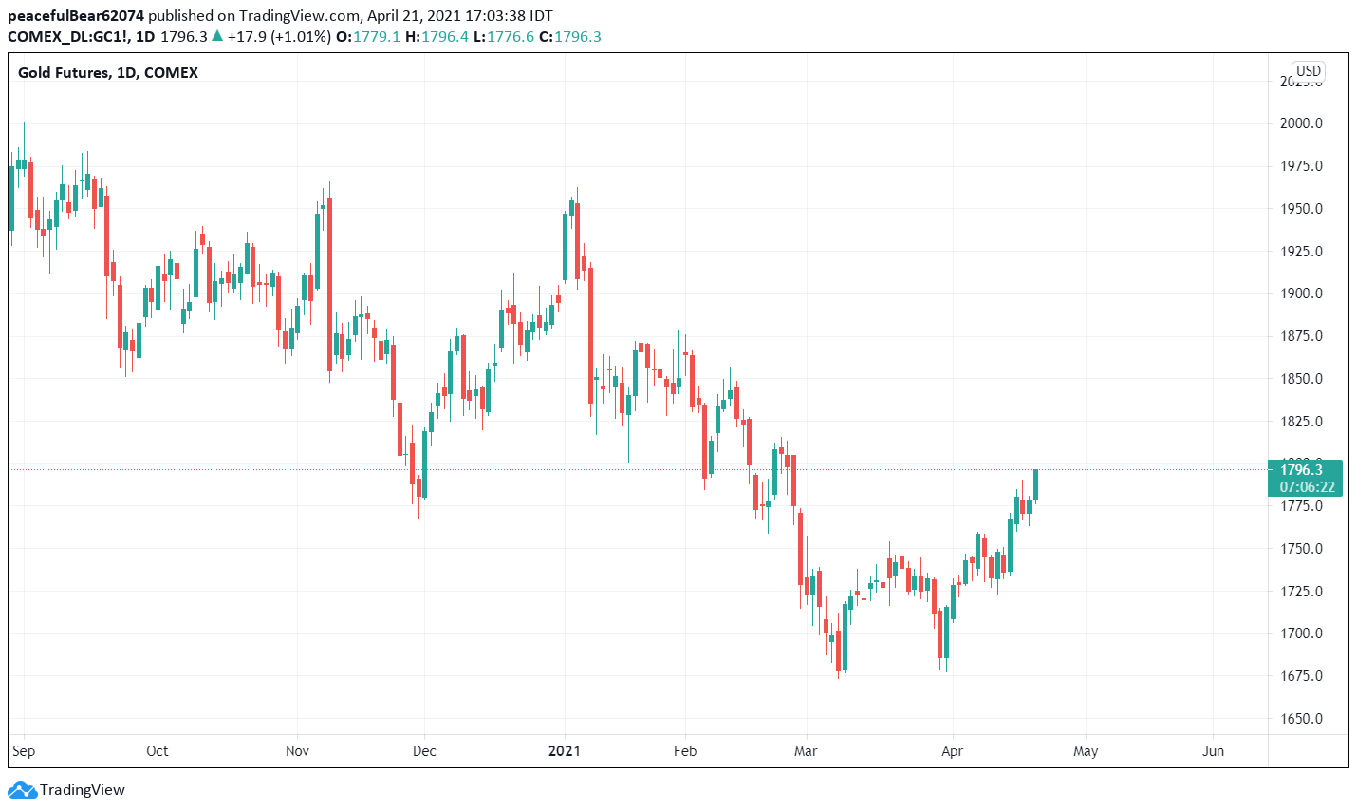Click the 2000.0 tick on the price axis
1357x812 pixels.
[1301, 123]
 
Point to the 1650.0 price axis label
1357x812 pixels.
[1301, 719]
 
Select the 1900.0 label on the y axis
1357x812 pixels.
[1301, 293]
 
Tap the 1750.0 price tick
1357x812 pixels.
[1301, 549]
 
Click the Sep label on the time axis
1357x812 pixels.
[24, 751]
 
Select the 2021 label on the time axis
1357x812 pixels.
[565, 751]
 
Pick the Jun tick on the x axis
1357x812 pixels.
[1213, 751]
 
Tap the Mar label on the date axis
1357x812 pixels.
[806, 751]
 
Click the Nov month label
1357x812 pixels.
[297, 751]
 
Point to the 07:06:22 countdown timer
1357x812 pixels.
[1307, 487]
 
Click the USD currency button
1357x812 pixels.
[1309, 71]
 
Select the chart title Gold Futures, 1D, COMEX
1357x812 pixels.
[108, 73]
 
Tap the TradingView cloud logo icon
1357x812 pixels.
[22, 790]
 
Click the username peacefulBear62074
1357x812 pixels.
[76, 16]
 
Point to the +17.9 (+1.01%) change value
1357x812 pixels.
[278, 37]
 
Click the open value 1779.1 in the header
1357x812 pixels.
[376, 37]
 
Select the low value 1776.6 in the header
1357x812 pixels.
[511, 37]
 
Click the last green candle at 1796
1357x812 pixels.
[1036, 484]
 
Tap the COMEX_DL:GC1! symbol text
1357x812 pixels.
[67, 37]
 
